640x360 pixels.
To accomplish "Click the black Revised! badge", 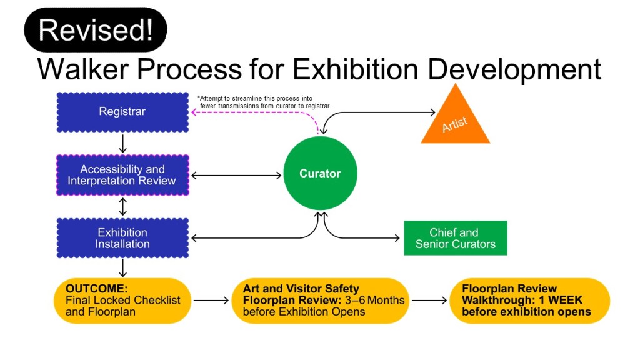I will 96,29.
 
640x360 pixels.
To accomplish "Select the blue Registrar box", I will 122,112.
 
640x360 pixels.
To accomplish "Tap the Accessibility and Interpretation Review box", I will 122,175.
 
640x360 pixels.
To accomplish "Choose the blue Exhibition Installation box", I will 122,238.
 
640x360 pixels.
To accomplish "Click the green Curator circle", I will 320,174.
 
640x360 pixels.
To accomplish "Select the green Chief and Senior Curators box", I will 455,238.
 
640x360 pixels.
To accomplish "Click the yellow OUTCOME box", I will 122,301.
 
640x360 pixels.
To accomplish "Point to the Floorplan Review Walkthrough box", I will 529,301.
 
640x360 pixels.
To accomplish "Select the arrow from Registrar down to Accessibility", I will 122,144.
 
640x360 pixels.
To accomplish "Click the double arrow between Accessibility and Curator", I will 236,176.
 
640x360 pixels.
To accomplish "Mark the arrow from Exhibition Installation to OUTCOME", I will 122,268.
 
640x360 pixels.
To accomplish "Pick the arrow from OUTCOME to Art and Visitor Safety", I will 211,301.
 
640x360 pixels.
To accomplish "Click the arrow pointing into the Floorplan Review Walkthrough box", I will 429,301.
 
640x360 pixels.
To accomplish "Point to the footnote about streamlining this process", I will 264,102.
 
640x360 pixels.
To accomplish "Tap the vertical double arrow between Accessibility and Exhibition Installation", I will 122,206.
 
